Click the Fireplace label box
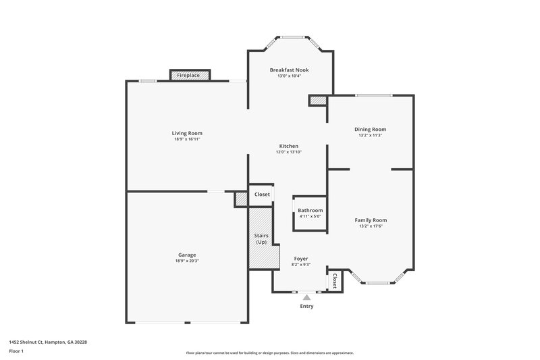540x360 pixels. tap(188, 76)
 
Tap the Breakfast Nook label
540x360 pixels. tap(289, 70)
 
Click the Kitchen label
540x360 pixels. tap(289, 147)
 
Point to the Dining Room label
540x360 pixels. tap(371, 129)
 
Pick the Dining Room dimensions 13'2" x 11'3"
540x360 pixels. tap(371, 135)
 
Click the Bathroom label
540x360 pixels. tap(310, 210)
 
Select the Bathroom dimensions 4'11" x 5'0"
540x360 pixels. tap(310, 216)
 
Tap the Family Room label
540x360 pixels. tap(371, 220)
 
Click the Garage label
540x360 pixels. tap(187, 255)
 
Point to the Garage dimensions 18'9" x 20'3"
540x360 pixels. tap(187, 261)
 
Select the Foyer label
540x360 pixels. tap(301, 259)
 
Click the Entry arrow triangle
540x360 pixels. tap(307, 297)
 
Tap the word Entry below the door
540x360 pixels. tap(306, 306)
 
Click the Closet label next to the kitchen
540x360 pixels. tap(262, 195)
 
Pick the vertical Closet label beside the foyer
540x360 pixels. tap(333, 280)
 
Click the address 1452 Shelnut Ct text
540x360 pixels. tap(48, 342)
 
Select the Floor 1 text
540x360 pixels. tap(16, 352)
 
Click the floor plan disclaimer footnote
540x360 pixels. tap(270, 353)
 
